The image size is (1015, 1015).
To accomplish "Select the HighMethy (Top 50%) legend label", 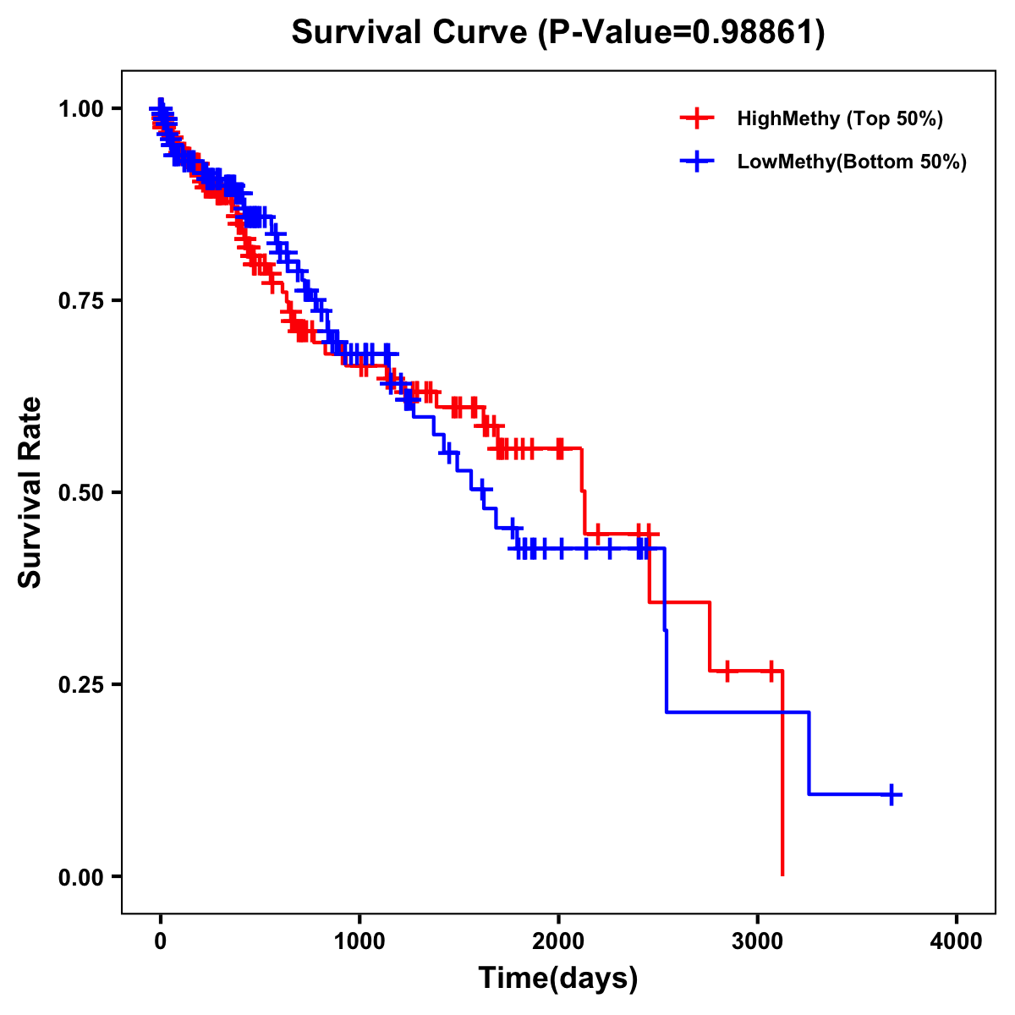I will pyautogui.click(x=840, y=118).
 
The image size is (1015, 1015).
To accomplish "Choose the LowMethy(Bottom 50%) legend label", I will pyautogui.click(x=852, y=162).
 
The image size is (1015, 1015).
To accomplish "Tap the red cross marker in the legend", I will pyautogui.click(x=696, y=118).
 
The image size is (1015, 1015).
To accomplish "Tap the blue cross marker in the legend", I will pyautogui.click(x=696, y=162).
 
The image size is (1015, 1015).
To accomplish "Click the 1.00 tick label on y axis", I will pyautogui.click(x=81, y=109).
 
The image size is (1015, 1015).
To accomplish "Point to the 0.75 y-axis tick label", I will pyautogui.click(x=81, y=301).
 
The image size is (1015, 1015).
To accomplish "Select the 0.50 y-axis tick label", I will pyautogui.click(x=81, y=493).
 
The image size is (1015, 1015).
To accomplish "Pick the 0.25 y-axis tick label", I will pyautogui.click(x=81, y=685).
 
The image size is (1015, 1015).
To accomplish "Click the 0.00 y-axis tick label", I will pyautogui.click(x=81, y=877).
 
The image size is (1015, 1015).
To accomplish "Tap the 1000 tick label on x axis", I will pyautogui.click(x=359, y=941).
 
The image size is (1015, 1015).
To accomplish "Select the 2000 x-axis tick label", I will pyautogui.click(x=558, y=941).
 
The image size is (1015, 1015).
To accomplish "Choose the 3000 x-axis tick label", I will pyautogui.click(x=758, y=941).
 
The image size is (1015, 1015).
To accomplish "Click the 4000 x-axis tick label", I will pyautogui.click(x=957, y=941).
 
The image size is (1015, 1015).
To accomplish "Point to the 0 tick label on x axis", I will pyautogui.click(x=161, y=941).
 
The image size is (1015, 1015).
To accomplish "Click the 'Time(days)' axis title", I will pyautogui.click(x=558, y=979).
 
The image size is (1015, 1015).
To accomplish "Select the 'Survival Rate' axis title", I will pyautogui.click(x=30, y=492).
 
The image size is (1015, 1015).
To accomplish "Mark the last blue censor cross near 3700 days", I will pyautogui.click(x=892, y=794).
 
